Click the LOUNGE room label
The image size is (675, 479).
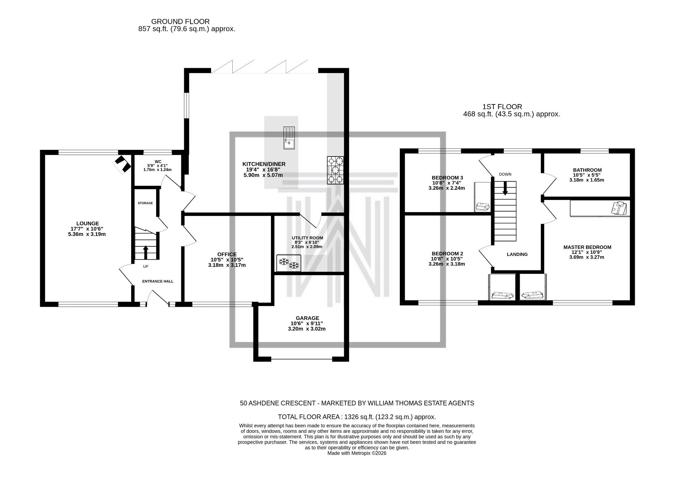[88, 223]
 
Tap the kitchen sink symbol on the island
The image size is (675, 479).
[289, 138]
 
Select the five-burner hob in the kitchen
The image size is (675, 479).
[335, 170]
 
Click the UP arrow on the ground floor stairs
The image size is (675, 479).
[145, 252]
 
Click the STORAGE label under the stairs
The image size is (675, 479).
[145, 203]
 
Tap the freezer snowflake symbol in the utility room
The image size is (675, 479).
[289, 263]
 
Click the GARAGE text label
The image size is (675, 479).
[307, 318]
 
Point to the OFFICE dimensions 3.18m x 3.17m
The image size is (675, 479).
[227, 265]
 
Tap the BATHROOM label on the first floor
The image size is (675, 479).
[587, 170]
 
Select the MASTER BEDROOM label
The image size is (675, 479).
[587, 247]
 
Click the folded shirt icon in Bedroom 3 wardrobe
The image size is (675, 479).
[482, 207]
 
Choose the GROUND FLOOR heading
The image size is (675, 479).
[180, 22]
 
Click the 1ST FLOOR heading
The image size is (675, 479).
[502, 107]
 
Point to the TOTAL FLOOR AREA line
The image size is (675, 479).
[357, 417]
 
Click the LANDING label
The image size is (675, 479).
[517, 254]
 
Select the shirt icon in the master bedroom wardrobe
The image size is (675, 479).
[618, 208]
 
